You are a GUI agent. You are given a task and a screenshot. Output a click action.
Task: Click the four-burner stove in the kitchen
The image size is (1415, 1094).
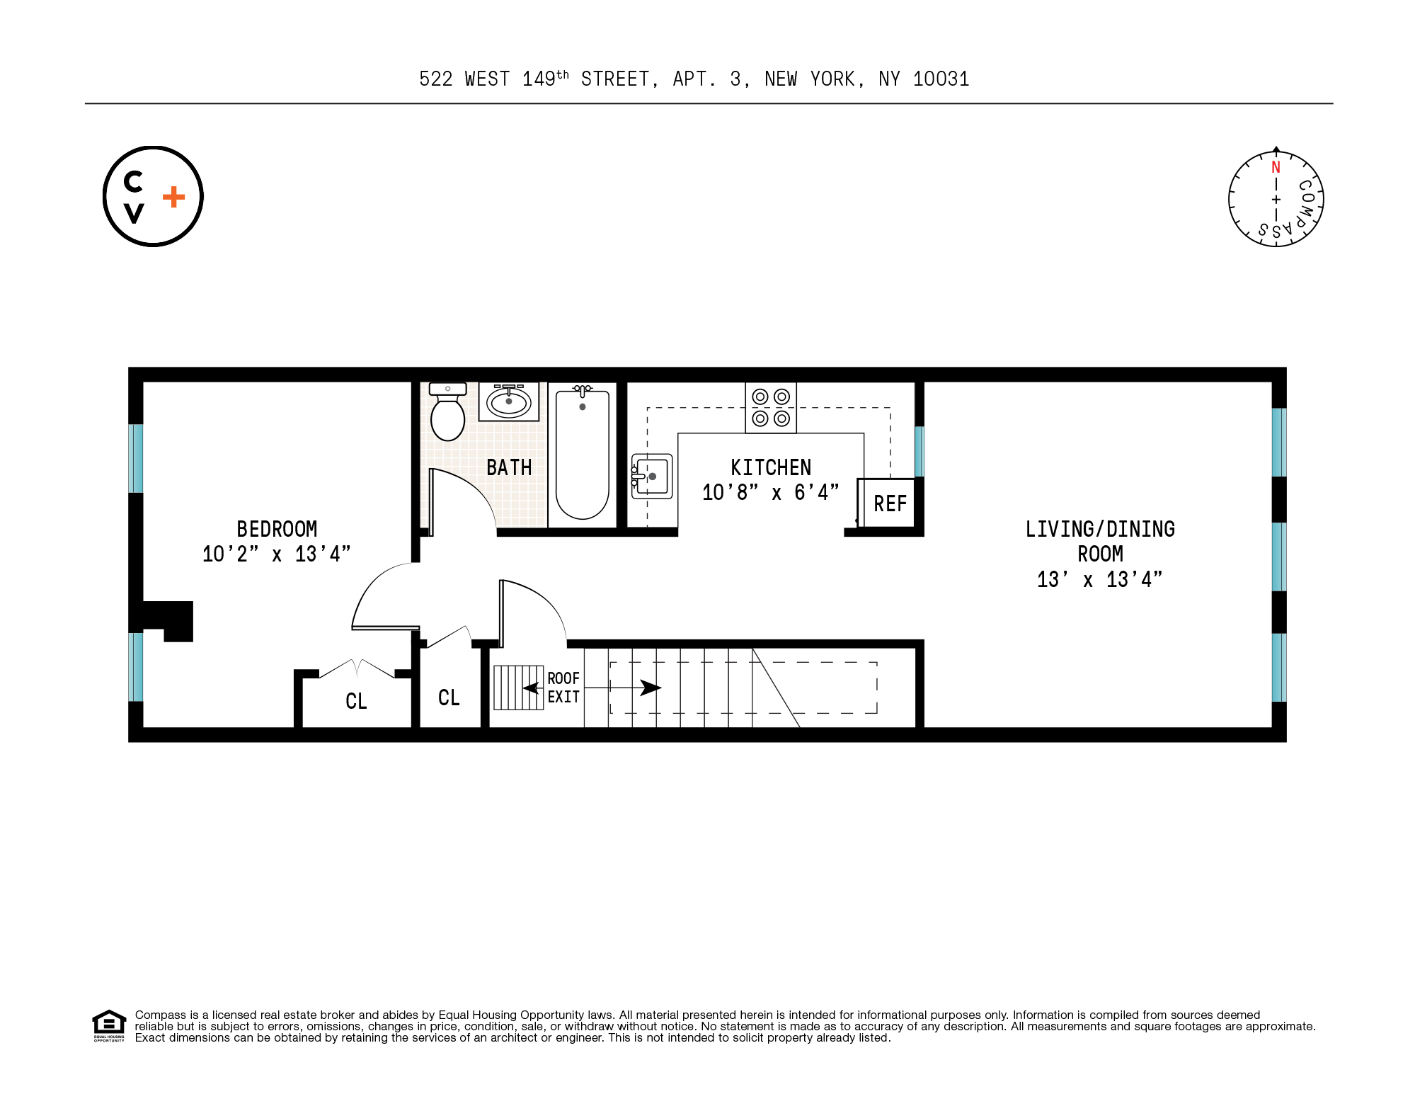point(771,408)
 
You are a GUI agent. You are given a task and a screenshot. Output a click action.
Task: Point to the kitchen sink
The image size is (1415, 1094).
point(651,477)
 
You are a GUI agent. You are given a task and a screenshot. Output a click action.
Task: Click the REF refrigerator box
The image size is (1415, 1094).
point(888,503)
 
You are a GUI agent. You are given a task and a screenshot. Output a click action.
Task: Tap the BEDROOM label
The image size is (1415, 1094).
point(277,529)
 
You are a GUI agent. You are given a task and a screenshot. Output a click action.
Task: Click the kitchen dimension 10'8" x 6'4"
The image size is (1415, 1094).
point(770,492)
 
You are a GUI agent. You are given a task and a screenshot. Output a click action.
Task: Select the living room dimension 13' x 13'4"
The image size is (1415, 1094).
point(1099,579)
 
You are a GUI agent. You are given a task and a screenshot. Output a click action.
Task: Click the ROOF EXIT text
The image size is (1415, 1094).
point(563,688)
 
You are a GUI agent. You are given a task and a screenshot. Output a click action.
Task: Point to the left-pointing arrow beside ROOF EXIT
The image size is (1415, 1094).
point(531,688)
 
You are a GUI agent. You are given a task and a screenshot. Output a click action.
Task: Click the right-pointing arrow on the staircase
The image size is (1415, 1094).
point(649,688)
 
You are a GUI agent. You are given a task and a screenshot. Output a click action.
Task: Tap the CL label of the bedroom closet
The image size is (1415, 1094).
point(356,701)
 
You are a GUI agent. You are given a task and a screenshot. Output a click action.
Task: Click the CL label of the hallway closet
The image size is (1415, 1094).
point(449,697)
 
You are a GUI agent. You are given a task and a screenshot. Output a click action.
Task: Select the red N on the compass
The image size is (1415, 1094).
point(1276,168)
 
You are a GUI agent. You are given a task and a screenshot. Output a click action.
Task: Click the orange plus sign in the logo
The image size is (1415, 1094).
point(173,197)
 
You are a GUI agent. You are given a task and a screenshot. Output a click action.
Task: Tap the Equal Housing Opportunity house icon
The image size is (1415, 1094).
point(109,1025)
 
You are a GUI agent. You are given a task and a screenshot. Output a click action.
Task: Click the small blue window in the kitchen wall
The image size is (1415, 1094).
point(920,451)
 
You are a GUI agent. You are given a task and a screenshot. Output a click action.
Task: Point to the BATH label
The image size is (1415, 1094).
point(509,467)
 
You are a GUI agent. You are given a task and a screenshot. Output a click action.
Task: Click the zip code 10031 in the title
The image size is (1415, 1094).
point(941,79)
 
